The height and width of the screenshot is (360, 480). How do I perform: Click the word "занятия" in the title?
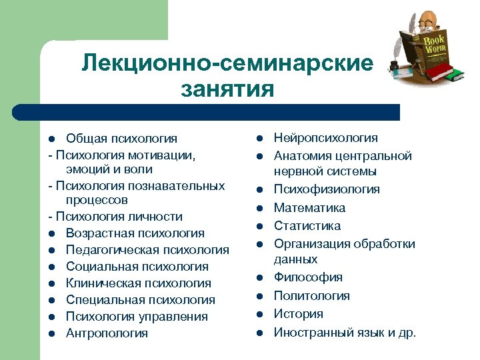[x=227, y=89]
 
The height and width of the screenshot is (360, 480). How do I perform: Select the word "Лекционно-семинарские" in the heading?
[x=227, y=63]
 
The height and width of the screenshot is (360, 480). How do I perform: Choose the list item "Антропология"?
[x=107, y=333]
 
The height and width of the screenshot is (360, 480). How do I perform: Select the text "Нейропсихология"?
[x=325, y=138]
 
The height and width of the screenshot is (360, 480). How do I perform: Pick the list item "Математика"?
[x=309, y=208]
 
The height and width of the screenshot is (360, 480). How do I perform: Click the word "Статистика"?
[x=307, y=226]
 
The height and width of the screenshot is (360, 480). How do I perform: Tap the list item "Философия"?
[x=308, y=277]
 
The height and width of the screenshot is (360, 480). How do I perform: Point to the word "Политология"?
[x=312, y=295]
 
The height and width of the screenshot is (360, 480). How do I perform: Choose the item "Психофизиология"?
[x=327, y=189]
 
